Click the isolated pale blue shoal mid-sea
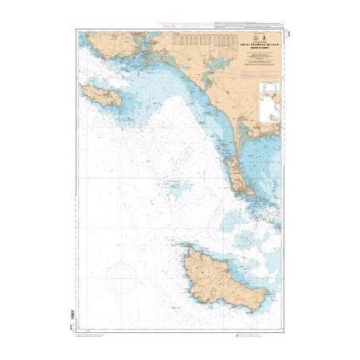(x=177, y=189)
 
